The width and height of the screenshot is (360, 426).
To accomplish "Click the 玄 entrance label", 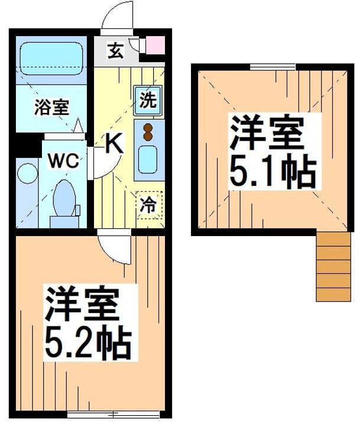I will [115, 51].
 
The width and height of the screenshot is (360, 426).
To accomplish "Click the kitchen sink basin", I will [148, 159].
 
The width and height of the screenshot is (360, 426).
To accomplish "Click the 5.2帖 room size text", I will [85, 339].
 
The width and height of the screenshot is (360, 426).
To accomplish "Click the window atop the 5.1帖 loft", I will [265, 67].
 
